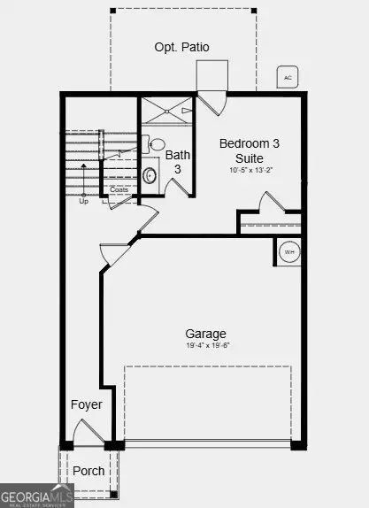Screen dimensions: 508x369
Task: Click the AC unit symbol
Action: click(x=288, y=77)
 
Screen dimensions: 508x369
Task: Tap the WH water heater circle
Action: click(x=289, y=252)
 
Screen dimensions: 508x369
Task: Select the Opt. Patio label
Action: click(x=181, y=47)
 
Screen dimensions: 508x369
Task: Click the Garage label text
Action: click(x=205, y=334)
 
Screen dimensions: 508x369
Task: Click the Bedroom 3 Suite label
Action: click(x=249, y=150)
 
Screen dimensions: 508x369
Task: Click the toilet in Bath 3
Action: click(x=157, y=144)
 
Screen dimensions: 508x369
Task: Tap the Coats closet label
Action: click(x=119, y=189)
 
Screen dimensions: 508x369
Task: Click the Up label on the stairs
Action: click(x=84, y=201)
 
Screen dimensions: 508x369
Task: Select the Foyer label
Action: click(x=87, y=404)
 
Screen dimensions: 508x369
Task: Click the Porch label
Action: click(x=88, y=471)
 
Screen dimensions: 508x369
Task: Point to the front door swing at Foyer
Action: click(x=88, y=432)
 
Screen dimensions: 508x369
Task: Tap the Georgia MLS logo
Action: click(x=35, y=496)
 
